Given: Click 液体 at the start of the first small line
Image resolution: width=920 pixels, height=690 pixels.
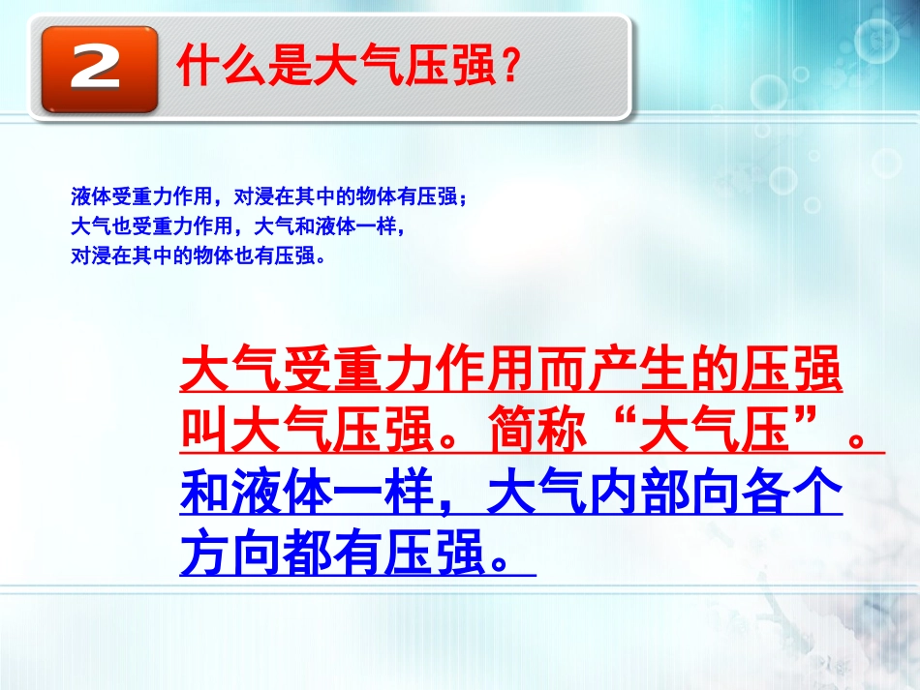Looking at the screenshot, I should [x=86, y=197].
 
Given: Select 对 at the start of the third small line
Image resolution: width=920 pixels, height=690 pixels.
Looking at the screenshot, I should [x=79, y=257].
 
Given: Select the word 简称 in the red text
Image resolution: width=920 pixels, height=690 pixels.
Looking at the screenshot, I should [x=537, y=428].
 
